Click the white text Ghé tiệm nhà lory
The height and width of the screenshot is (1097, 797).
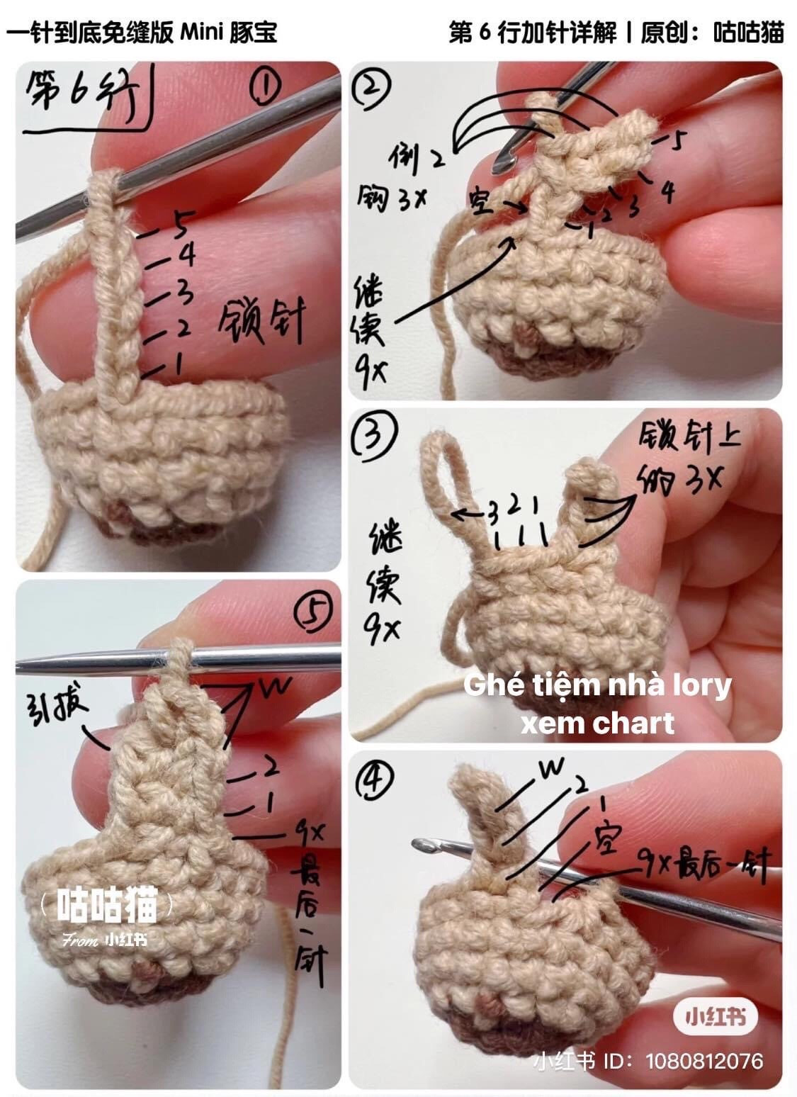coord(597,685)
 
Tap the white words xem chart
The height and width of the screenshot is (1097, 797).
coord(597,724)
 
